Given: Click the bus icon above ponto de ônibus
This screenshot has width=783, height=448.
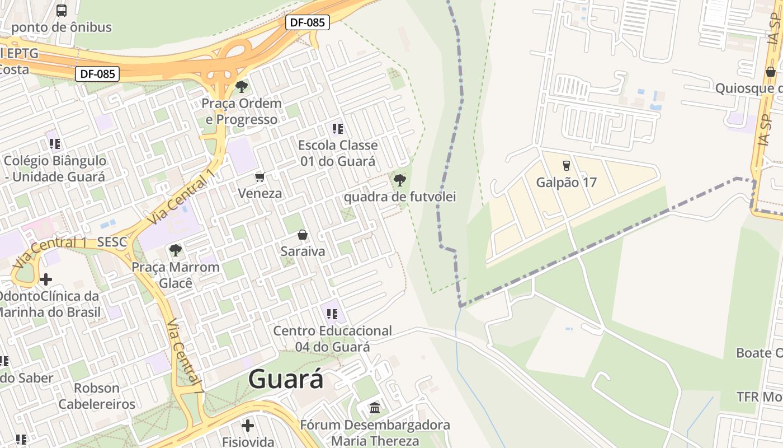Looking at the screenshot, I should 62,10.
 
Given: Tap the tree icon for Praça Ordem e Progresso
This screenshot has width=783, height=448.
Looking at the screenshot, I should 242,86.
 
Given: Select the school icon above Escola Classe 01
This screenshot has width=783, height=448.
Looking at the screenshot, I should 337,129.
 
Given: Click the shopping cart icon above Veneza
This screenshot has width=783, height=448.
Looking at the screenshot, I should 260,178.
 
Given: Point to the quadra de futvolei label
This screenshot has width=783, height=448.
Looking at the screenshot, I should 399,197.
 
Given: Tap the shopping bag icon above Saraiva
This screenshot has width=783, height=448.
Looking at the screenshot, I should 303,235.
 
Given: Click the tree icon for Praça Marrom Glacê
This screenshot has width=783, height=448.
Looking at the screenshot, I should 176,250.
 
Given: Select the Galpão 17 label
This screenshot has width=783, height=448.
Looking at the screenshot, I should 566,182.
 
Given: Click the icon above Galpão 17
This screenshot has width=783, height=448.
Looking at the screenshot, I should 566,166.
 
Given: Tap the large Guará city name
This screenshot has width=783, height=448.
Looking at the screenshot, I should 286,379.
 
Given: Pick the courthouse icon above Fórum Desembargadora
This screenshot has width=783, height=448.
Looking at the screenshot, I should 375,407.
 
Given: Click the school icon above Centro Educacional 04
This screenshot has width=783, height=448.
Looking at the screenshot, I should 332,314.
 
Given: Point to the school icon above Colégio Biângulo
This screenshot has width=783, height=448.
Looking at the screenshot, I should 54,144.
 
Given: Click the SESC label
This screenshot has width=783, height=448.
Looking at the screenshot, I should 112,242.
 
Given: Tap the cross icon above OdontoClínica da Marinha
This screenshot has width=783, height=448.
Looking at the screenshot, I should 46,279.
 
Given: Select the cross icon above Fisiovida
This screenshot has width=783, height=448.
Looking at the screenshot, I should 248,425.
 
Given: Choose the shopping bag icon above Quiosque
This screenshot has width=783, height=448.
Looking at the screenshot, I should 771,72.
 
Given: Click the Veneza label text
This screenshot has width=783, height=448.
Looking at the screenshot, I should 260,193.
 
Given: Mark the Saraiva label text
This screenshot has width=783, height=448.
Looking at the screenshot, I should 303,251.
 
